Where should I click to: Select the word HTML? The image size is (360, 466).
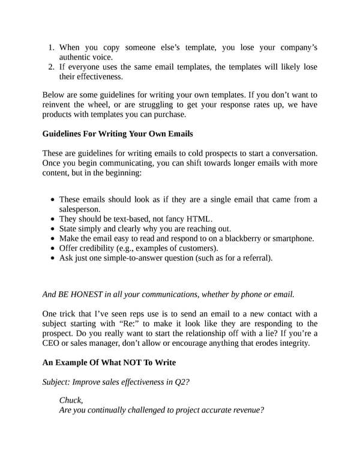coord(199,219)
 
